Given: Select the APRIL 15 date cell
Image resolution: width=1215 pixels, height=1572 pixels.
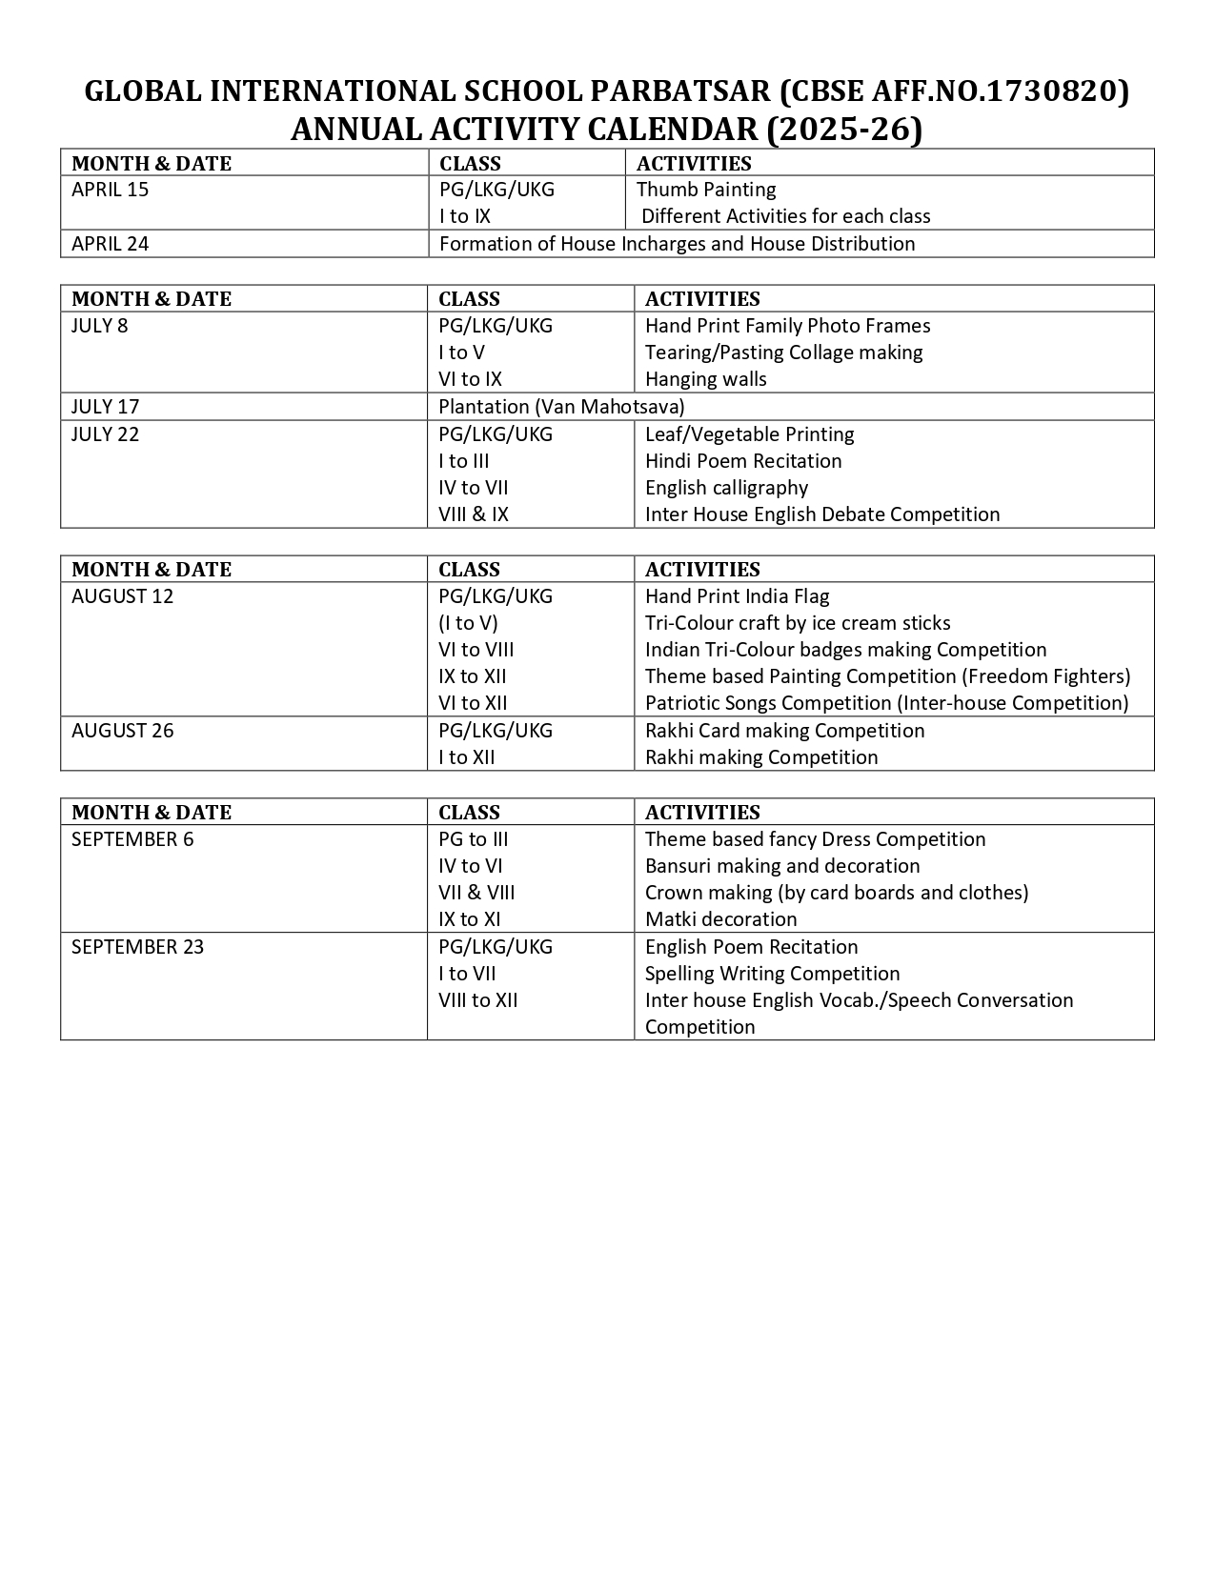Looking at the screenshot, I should [x=111, y=190].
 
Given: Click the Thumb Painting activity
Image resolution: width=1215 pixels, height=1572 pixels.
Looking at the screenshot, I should [x=706, y=190].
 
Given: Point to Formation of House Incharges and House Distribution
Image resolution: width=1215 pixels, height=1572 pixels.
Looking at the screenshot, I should [x=677, y=244].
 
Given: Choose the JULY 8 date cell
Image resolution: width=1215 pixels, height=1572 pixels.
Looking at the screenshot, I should [x=100, y=326].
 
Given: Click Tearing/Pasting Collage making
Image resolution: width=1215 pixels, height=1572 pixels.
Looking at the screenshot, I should [x=783, y=353].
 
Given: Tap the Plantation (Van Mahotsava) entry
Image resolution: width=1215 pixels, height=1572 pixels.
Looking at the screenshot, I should [x=561, y=407].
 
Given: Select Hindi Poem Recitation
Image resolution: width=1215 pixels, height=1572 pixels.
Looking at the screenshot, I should [x=743, y=461].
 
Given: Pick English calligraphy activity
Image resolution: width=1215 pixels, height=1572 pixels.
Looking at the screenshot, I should [x=726, y=488].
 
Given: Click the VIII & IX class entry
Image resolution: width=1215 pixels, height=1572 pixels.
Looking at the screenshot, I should [x=474, y=514].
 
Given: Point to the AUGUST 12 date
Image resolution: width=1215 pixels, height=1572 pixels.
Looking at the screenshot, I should [x=123, y=596].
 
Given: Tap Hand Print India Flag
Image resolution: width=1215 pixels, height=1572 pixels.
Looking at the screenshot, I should [x=737, y=596].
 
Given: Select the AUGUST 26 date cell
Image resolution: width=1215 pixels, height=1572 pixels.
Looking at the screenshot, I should [x=123, y=731].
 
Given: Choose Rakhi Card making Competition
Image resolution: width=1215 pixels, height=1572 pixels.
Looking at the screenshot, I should [x=784, y=731].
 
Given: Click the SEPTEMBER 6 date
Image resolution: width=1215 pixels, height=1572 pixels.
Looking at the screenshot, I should [x=132, y=839].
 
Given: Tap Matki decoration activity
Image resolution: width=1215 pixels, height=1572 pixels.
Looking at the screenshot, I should [x=720, y=919].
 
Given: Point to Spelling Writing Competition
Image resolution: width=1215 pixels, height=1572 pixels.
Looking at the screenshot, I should [x=772, y=974].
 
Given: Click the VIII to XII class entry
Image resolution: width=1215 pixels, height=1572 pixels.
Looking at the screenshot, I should [x=478, y=1000].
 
